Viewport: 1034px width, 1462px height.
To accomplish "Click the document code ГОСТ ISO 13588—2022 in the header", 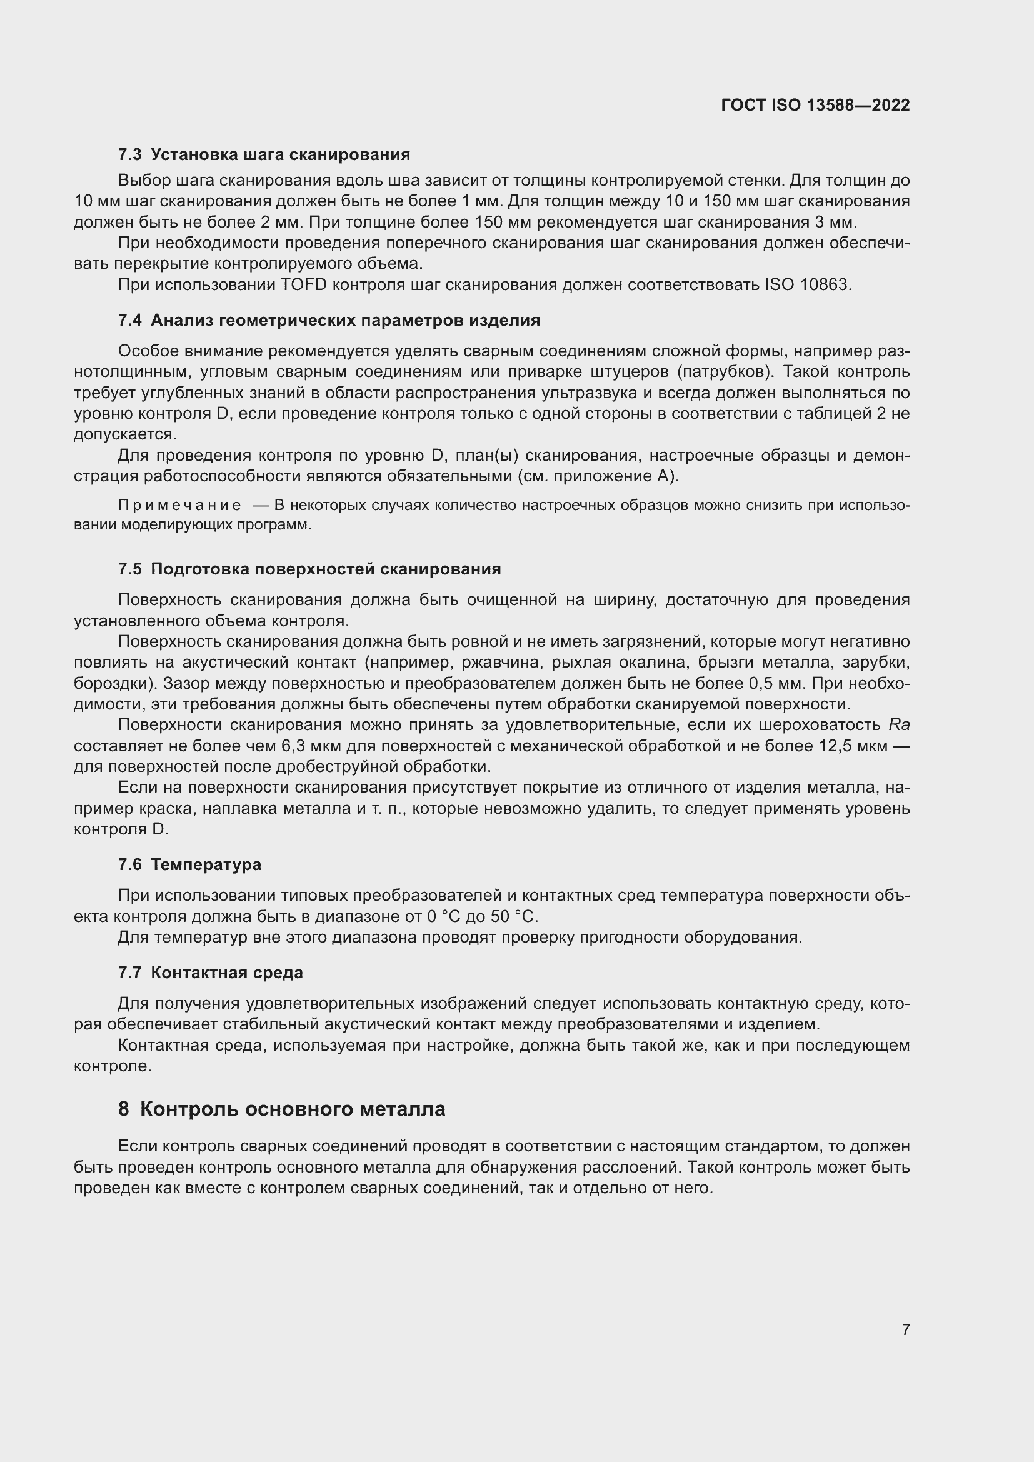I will point(815,105).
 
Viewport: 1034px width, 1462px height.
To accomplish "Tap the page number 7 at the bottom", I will point(905,1329).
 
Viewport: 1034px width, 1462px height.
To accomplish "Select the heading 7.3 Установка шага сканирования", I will point(264,154).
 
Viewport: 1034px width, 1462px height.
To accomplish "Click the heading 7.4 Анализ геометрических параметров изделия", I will point(329,319).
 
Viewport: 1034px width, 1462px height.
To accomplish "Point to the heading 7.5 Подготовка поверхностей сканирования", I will point(309,569).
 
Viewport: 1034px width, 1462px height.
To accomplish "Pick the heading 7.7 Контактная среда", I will point(210,973).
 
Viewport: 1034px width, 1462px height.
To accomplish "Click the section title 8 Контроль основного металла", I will point(281,1109).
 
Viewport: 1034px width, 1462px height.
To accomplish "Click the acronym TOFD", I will point(303,284).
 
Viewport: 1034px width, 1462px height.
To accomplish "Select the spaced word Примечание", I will point(179,505).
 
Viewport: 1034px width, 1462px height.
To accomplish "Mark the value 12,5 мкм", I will point(853,746).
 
